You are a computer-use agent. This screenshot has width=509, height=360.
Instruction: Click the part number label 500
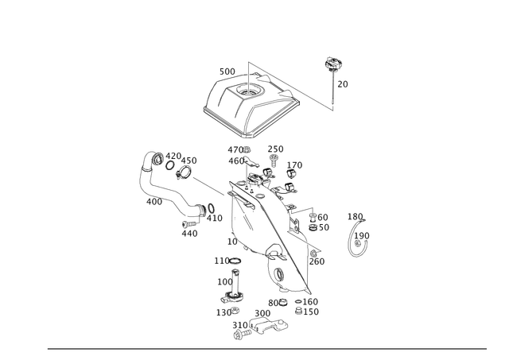[x=227, y=72]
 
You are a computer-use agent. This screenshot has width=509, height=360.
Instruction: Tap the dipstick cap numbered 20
[x=332, y=63]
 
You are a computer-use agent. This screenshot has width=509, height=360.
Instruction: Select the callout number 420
[x=173, y=156]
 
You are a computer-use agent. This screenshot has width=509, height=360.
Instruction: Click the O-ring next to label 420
[x=169, y=165]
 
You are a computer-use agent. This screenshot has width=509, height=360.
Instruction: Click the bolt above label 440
[x=190, y=224]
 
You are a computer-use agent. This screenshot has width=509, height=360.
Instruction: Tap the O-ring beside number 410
[x=211, y=208]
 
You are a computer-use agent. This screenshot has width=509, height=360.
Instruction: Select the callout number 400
[x=154, y=202]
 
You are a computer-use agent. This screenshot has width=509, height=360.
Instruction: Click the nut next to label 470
[x=247, y=150]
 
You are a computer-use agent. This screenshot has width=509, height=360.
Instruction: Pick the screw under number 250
[x=274, y=161]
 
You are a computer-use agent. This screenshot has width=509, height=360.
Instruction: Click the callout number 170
[x=294, y=165]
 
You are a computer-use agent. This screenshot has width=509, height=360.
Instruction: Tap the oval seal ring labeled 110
[x=235, y=261]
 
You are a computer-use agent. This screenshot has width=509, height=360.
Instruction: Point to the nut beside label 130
[x=235, y=311]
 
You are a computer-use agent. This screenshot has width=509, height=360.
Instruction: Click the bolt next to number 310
[x=243, y=334]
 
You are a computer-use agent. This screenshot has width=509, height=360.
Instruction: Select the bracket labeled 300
[x=269, y=325]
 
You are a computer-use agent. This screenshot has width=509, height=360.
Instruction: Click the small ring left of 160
[x=298, y=302]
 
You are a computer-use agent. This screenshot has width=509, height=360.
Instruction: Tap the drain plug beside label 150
[x=298, y=311]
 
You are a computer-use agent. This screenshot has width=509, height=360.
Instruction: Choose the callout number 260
[x=317, y=261]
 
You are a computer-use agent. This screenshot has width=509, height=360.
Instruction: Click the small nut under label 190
[x=357, y=243]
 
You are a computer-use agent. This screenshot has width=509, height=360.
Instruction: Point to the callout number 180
[x=356, y=216]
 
